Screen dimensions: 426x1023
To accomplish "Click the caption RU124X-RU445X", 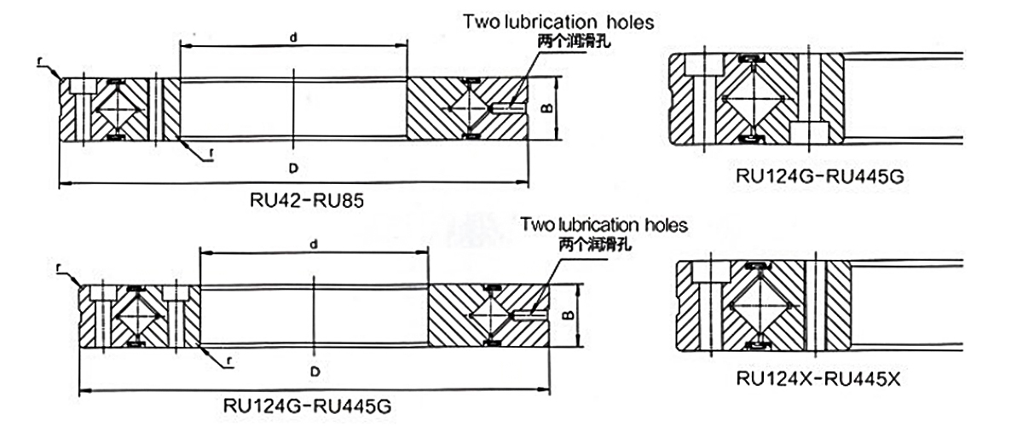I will click(x=818, y=377).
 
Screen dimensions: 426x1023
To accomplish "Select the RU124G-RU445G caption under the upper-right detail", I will click(x=819, y=177).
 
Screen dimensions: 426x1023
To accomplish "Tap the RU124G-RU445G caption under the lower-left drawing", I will click(x=307, y=402).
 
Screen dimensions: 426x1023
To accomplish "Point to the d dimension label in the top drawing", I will click(x=294, y=37).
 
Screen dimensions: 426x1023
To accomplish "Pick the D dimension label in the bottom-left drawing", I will click(x=315, y=372).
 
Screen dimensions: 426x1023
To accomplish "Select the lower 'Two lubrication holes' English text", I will click(x=604, y=226).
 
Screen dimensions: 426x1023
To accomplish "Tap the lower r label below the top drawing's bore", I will click(x=209, y=154).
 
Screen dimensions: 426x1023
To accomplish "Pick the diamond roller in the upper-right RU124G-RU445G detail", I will click(x=751, y=99).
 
